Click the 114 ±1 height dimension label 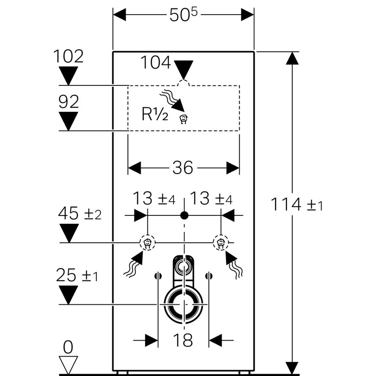(297, 205)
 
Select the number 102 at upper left (68, 56)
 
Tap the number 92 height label (69, 102)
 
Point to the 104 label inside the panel (156, 63)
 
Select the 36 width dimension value (183, 168)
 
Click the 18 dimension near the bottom (183, 340)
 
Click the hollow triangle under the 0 (68, 364)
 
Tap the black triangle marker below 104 (184, 69)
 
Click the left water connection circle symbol (147, 242)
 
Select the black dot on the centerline (184, 215)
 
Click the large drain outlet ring (183, 305)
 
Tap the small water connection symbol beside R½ (184, 119)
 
